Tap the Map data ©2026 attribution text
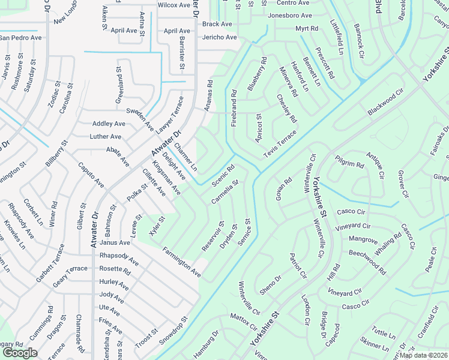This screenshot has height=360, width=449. tap(423, 355)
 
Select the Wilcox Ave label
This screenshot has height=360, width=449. tap(173, 5)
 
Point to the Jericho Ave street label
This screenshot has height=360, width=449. tap(220, 37)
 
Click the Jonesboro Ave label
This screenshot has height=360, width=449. tap(291, 15)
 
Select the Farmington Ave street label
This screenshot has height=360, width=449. tap(181, 259)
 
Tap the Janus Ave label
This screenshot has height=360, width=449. tap(115, 242)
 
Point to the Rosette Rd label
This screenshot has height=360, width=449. tap(115, 269)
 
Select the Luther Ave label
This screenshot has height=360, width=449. tap(105, 137)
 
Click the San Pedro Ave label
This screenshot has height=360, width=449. tap(20, 37)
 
